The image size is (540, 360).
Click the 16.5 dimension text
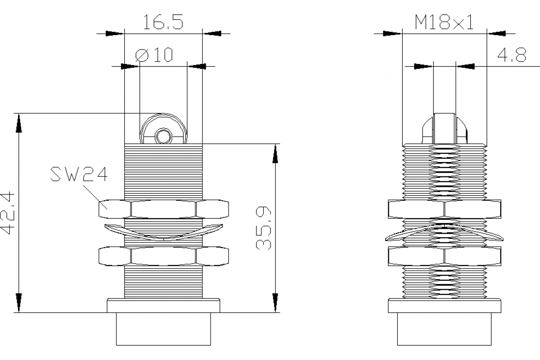pyautogui.click(x=163, y=22)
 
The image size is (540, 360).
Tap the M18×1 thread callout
pyautogui.click(x=444, y=22)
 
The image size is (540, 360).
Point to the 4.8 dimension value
pyautogui.click(x=512, y=56)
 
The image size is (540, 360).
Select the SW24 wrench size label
pyautogui.click(x=79, y=174)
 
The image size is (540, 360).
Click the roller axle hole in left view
pyautogui.click(x=162, y=135)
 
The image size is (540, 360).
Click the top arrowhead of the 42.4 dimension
pyautogui.click(x=18, y=122)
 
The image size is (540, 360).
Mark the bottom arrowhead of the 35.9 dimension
pyautogui.click(x=275, y=302)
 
